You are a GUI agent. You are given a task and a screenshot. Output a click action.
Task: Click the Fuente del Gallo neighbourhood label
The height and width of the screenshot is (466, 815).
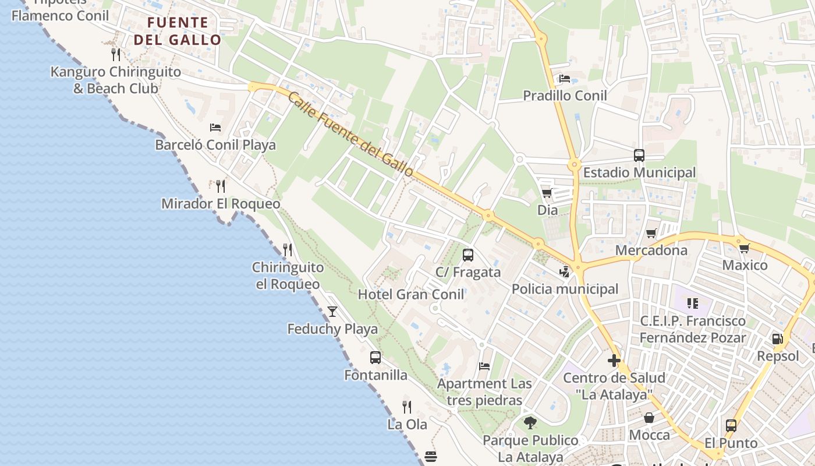(x=178, y=31)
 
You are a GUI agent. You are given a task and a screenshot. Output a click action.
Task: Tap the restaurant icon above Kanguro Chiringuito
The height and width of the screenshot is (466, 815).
(x=116, y=55)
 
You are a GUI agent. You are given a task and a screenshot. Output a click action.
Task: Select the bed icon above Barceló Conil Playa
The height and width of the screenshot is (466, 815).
(x=215, y=127)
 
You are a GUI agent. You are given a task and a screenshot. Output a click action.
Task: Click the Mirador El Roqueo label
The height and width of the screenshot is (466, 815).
(x=221, y=204)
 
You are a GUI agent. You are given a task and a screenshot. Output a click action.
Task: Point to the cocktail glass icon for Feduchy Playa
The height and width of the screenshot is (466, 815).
(x=332, y=312)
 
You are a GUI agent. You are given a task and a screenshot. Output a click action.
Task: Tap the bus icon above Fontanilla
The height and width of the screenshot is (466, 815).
(x=375, y=358)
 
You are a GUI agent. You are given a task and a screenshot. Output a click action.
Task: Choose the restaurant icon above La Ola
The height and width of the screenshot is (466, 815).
(x=407, y=407)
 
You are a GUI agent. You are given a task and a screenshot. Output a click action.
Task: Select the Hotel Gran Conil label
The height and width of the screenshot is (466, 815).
(x=411, y=294)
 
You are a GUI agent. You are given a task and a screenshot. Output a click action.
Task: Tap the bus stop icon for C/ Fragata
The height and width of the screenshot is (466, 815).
(x=467, y=255)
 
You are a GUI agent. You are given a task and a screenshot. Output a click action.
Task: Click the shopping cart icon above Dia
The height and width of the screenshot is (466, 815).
(x=547, y=193)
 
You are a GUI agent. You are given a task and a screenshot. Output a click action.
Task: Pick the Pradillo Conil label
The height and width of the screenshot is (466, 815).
(x=565, y=96)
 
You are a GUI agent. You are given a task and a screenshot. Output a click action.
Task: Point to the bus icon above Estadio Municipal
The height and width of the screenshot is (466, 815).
(x=639, y=156)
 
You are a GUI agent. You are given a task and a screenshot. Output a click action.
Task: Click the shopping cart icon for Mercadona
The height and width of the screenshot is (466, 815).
(x=651, y=234)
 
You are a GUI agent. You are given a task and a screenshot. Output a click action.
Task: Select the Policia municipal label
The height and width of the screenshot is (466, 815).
(x=565, y=289)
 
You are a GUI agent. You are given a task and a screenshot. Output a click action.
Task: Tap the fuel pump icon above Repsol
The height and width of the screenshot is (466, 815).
(x=777, y=339)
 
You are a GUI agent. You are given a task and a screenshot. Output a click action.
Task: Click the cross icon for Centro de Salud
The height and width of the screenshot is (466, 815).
(x=614, y=361)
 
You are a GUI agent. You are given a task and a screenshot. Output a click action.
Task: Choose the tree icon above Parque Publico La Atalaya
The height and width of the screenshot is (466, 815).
(x=530, y=422)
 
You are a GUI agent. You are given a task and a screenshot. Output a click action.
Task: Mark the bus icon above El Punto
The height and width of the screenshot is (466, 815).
(x=731, y=426)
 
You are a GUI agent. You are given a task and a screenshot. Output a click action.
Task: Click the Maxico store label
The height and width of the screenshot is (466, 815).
(x=745, y=265)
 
